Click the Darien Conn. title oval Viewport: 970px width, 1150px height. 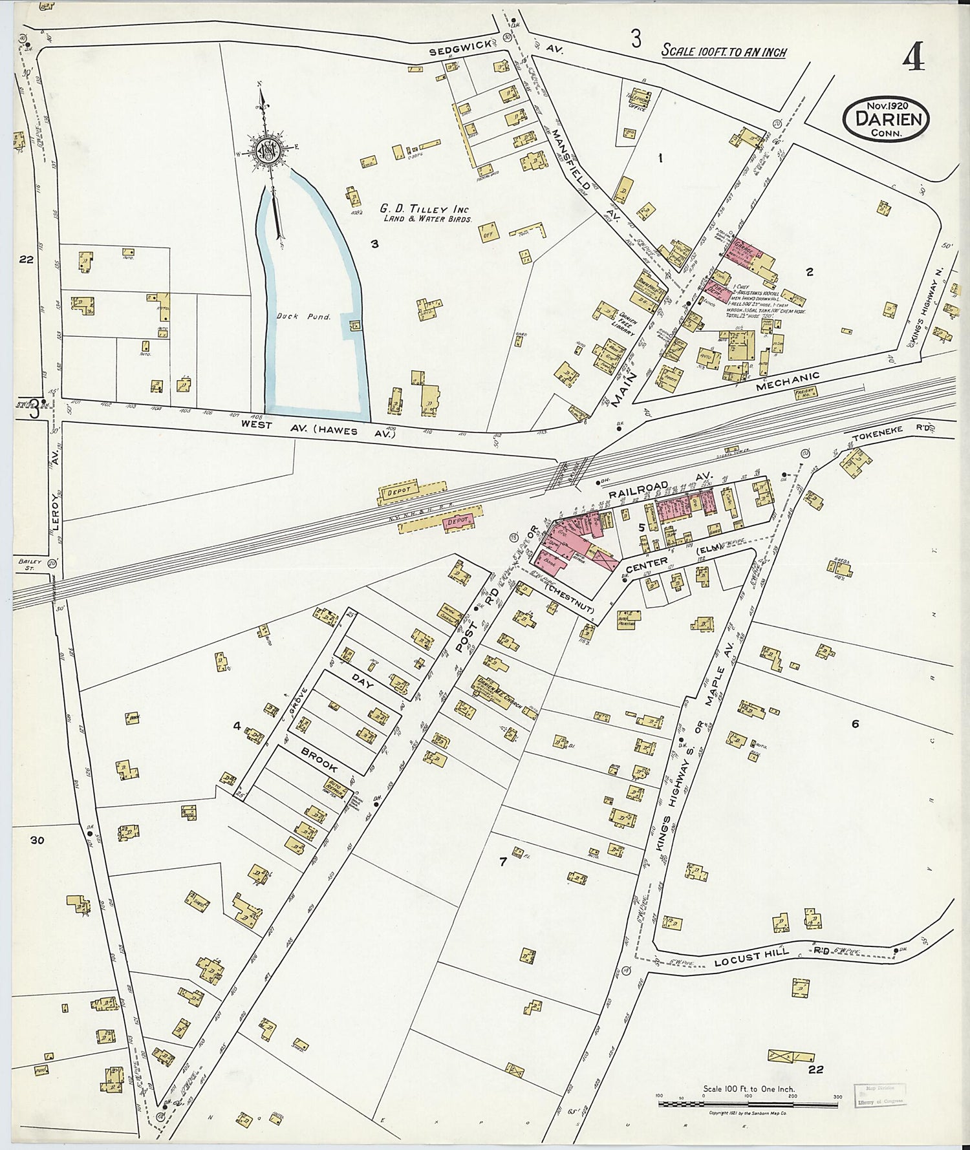pyautogui.click(x=886, y=119)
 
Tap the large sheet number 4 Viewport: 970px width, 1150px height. pyautogui.click(x=913, y=59)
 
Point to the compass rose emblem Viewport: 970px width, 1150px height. pyautogui.click(x=265, y=152)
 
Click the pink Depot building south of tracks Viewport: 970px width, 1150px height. pyautogui.click(x=459, y=520)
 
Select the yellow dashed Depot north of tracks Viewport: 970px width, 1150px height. pyautogui.click(x=401, y=493)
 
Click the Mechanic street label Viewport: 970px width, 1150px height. pyautogui.click(x=788, y=381)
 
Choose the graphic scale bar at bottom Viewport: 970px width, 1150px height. pyautogui.click(x=748, y=1104)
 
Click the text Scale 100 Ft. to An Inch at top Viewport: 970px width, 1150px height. pyautogui.click(x=724, y=52)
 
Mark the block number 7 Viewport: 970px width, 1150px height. pyautogui.click(x=502, y=862)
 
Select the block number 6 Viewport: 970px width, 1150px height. pyautogui.click(x=855, y=723)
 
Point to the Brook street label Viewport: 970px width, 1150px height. pyautogui.click(x=318, y=760)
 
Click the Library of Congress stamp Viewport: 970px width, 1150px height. pyautogui.click(x=879, y=1097)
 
